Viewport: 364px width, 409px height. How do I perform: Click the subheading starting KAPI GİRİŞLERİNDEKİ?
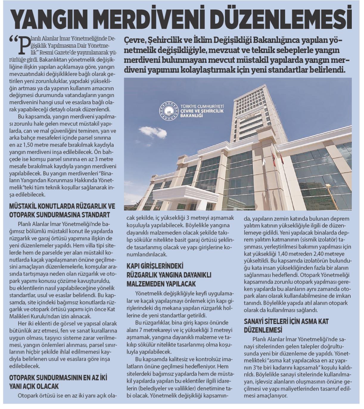pos(155,266)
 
